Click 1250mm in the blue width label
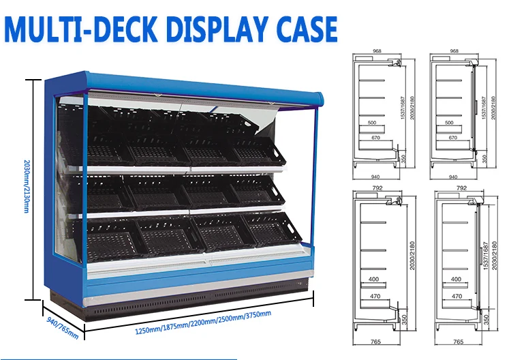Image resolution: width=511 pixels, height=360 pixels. [x=151, y=331]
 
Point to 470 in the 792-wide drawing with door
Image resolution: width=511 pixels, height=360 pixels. [x=456, y=296]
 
